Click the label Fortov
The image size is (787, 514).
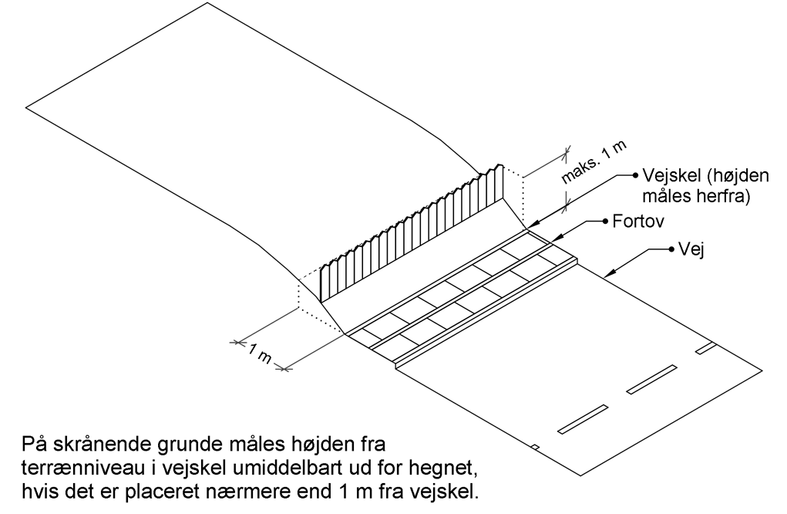tap(638, 221)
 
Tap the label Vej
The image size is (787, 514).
tap(691, 249)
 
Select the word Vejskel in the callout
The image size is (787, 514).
tap(670, 175)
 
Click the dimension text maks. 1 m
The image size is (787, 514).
tap(594, 162)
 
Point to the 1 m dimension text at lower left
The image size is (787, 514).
tap(260, 353)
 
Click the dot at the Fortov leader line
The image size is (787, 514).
tap(605, 221)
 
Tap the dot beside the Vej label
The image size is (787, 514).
tap(671, 249)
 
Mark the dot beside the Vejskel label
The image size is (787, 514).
tap(635, 175)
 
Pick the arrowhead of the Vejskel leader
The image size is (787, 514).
tap(530, 228)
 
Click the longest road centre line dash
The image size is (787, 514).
tap(583, 418)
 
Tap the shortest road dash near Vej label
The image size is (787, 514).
tap(706, 348)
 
